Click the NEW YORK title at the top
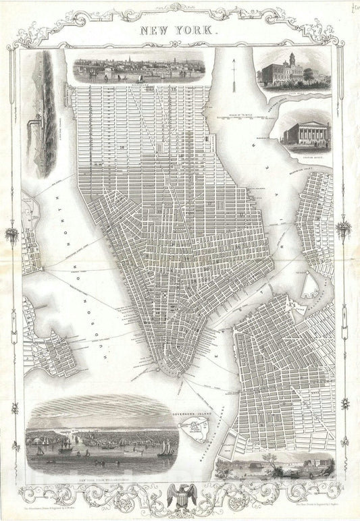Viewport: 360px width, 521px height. (179, 30)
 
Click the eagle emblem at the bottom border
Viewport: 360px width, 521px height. (180, 495)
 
